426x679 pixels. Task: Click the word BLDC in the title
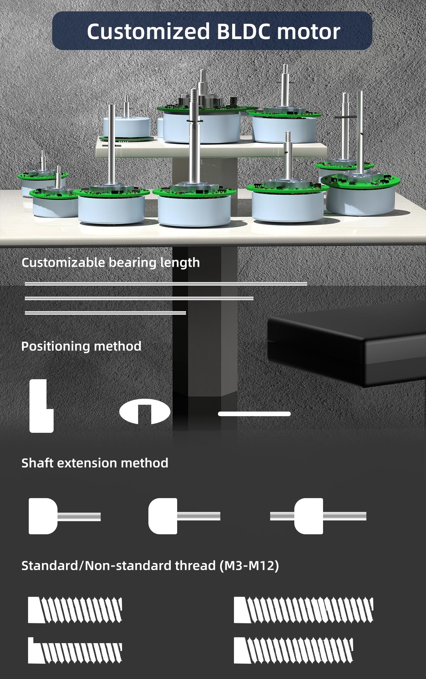(244, 32)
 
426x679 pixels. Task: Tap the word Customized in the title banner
(149, 32)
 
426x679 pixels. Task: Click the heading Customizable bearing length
(110, 263)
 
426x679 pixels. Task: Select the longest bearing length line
(166, 284)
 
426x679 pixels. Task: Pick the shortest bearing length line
(105, 313)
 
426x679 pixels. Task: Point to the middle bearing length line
(139, 298)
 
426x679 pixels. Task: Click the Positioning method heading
(81, 346)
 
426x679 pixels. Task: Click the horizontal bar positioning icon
(254, 414)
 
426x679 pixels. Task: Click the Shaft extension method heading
(95, 463)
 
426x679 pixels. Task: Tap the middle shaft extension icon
(184, 516)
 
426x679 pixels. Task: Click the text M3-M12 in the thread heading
(249, 565)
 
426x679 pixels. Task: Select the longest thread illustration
(304, 610)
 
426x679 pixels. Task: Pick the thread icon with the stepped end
(75, 651)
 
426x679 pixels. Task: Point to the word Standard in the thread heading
(50, 565)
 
